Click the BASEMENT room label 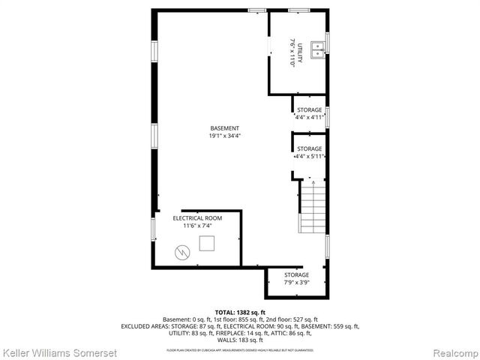[x=224, y=127]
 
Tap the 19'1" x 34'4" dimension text [x=224, y=136]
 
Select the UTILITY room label [x=300, y=53]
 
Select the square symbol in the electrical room [x=207, y=242]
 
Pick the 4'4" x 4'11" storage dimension [x=309, y=118]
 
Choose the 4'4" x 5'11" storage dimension [x=309, y=157]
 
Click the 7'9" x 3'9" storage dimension [x=296, y=283]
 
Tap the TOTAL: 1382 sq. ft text [x=240, y=312]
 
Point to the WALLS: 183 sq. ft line [x=240, y=340]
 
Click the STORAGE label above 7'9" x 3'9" [x=296, y=275]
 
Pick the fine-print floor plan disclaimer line [x=240, y=350]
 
